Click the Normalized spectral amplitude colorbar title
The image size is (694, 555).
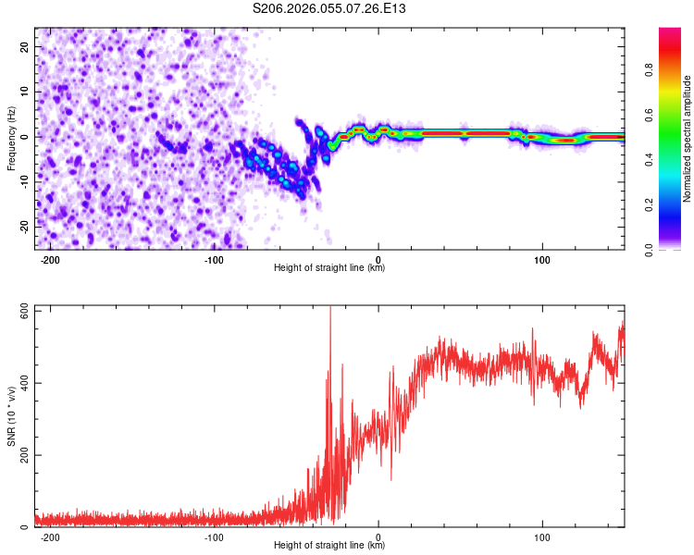(688, 139)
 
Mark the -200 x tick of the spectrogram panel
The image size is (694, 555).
(50, 258)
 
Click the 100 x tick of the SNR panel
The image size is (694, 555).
(542, 536)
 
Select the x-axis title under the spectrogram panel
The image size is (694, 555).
(329, 268)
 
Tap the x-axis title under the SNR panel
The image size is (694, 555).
(329, 546)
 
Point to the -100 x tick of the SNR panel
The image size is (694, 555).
(214, 536)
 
